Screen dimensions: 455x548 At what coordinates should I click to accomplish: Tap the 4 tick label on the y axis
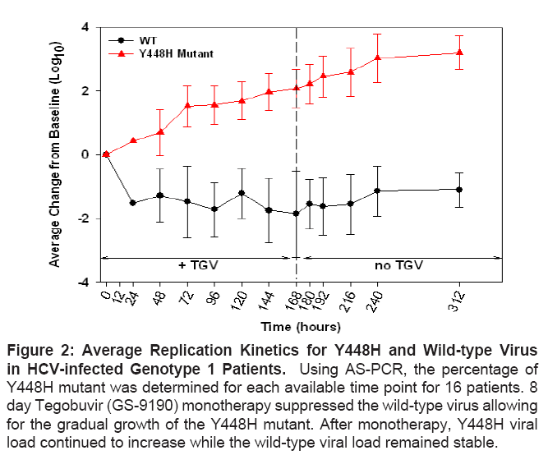84,27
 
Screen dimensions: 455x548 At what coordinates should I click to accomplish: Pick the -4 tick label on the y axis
81,282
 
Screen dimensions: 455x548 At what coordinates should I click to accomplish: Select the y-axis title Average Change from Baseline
55,154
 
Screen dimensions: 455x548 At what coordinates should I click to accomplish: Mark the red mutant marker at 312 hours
459,53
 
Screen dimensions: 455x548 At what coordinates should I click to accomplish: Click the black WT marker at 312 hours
459,190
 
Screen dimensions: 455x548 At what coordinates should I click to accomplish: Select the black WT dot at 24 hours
132,203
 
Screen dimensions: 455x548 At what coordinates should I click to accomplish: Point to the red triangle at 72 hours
187,106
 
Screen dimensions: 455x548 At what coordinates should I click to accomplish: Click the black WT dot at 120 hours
242,193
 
